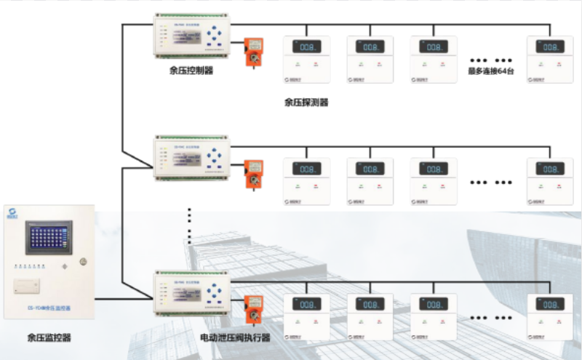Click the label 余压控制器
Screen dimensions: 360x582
[191, 71]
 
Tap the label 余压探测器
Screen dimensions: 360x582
[306, 103]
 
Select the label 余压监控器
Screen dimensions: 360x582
[49, 337]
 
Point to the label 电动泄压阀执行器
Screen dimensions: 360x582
[235, 338]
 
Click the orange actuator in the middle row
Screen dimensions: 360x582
[253, 175]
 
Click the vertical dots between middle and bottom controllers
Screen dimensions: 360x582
[190, 226]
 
